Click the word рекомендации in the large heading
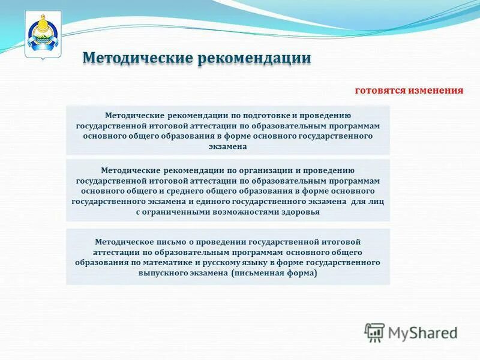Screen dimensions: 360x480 coord(255,58)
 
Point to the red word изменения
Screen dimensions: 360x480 coord(436,91)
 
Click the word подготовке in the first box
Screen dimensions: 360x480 coord(247,115)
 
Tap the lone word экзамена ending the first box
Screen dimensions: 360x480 coord(227,146)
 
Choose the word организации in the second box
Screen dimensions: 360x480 coord(245,170)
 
